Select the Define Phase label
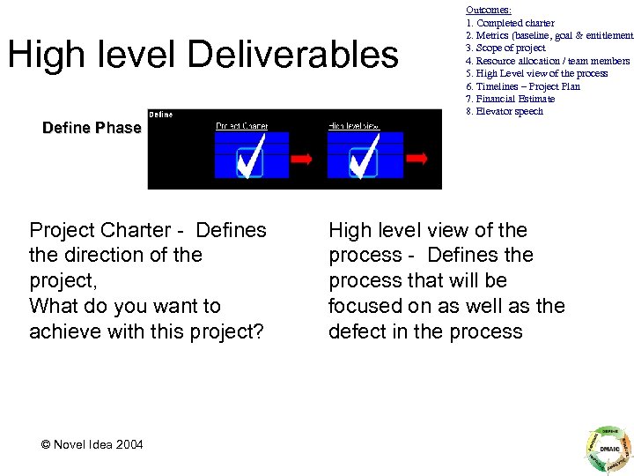(92, 128)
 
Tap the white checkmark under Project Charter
(251, 160)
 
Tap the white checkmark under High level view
(363, 160)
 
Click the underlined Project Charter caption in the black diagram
(242, 126)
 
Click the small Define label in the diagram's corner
(161, 115)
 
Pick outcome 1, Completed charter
(511, 22)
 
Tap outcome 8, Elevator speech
(505, 112)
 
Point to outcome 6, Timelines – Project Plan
(523, 86)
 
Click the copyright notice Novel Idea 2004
(92, 444)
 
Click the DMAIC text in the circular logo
(607, 448)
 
